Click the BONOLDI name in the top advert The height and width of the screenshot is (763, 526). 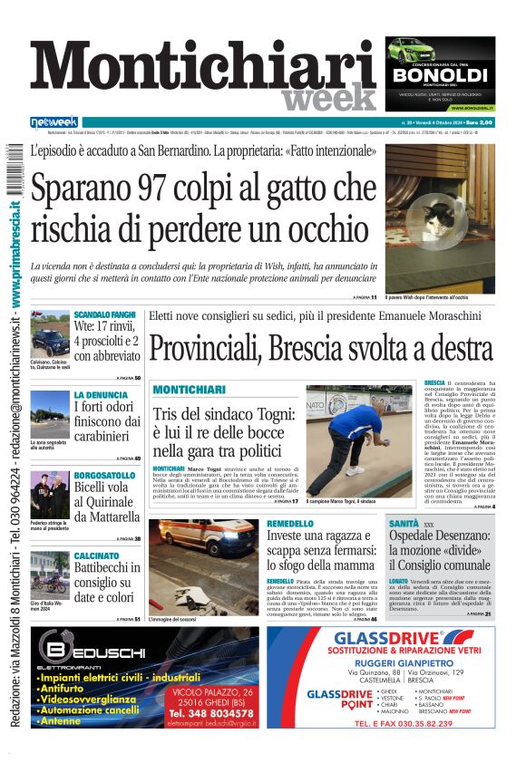pos(439,73)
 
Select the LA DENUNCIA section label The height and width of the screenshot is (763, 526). pos(101,395)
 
